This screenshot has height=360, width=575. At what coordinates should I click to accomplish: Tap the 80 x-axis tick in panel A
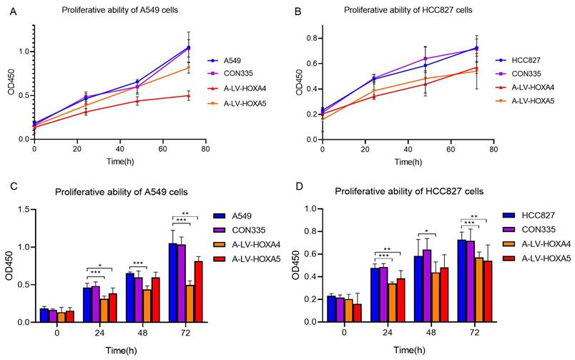[205, 149]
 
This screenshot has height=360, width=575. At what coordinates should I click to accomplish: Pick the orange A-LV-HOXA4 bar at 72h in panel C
[190, 303]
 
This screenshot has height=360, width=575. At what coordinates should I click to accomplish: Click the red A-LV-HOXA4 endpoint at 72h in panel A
[189, 95]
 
